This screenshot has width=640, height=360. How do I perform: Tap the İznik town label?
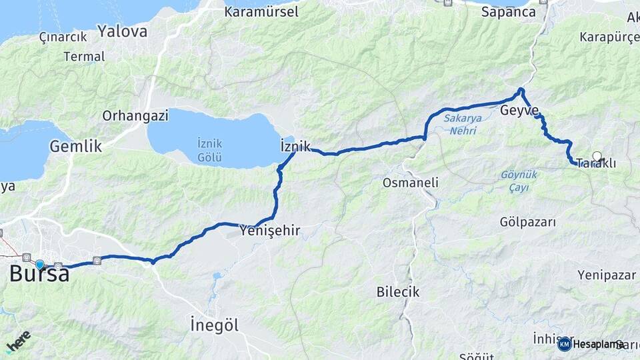(296, 146)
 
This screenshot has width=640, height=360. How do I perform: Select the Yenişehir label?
(270, 231)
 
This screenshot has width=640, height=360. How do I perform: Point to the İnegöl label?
(214, 325)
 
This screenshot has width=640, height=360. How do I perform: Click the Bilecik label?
(397, 291)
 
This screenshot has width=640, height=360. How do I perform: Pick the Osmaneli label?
(410, 182)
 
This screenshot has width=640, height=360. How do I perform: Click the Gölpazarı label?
(527, 222)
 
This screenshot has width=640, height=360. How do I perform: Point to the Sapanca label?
(508, 12)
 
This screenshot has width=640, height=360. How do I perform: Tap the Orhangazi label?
(135, 115)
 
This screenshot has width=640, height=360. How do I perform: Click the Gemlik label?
(75, 146)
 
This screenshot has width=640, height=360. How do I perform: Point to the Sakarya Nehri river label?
(460, 124)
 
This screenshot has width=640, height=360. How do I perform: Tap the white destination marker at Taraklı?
(597, 157)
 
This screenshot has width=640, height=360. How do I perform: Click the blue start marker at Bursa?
(40, 265)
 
